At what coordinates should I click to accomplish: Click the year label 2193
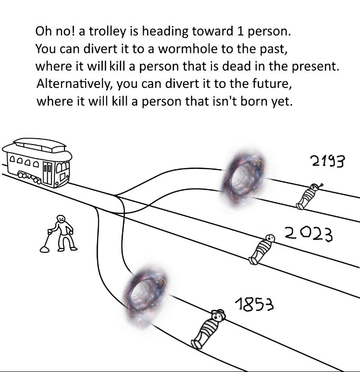tap(327, 161)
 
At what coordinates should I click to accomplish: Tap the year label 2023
tap(308, 234)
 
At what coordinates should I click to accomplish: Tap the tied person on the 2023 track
tap(261, 249)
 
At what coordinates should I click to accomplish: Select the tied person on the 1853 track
tap(208, 329)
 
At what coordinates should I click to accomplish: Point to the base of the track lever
tap(45, 249)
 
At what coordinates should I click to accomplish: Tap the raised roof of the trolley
tap(39, 144)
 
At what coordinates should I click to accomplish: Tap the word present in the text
tap(315, 67)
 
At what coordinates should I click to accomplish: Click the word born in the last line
tap(254, 101)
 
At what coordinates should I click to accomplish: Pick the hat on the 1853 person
tap(219, 312)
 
